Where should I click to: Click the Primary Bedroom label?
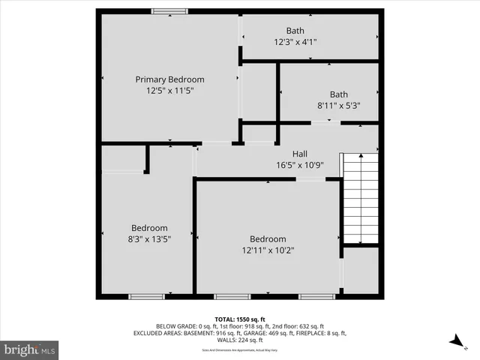[169, 79]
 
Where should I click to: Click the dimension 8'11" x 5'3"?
[339, 106]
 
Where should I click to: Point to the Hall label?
[300, 154]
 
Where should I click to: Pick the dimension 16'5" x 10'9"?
[300, 164]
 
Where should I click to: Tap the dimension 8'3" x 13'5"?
[149, 239]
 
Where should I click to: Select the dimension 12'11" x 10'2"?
[268, 250]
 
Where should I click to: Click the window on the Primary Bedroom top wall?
[165, 10]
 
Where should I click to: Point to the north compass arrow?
[454, 340]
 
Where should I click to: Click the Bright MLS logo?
[30, 349]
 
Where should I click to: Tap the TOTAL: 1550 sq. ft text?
[240, 319]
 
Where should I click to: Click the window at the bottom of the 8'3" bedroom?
[147, 296]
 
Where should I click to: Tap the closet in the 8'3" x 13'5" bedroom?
[123, 159]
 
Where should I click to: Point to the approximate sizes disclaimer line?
[240, 350]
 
